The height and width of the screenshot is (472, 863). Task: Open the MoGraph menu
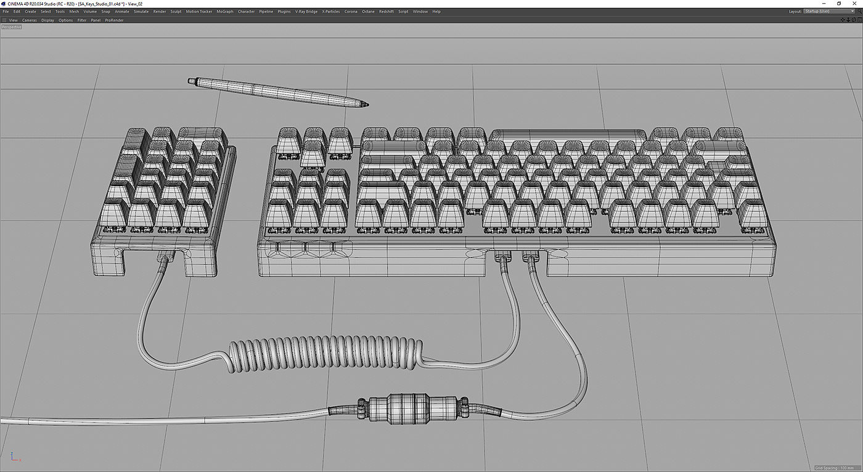coord(224,11)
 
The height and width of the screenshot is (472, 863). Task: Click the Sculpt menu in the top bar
coord(176,11)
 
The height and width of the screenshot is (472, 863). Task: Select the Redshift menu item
coord(386,11)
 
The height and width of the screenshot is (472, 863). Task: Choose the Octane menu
coord(368,11)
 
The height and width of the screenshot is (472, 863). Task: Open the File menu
coord(6,11)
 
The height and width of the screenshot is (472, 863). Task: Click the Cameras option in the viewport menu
coord(30,20)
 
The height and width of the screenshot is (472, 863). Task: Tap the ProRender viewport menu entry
coord(114,20)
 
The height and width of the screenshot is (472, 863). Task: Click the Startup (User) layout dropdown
coord(828,11)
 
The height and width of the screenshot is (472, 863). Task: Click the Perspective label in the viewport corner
coord(11,27)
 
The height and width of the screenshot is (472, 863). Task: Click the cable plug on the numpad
coord(164,256)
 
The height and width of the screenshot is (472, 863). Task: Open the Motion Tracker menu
coord(198,11)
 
